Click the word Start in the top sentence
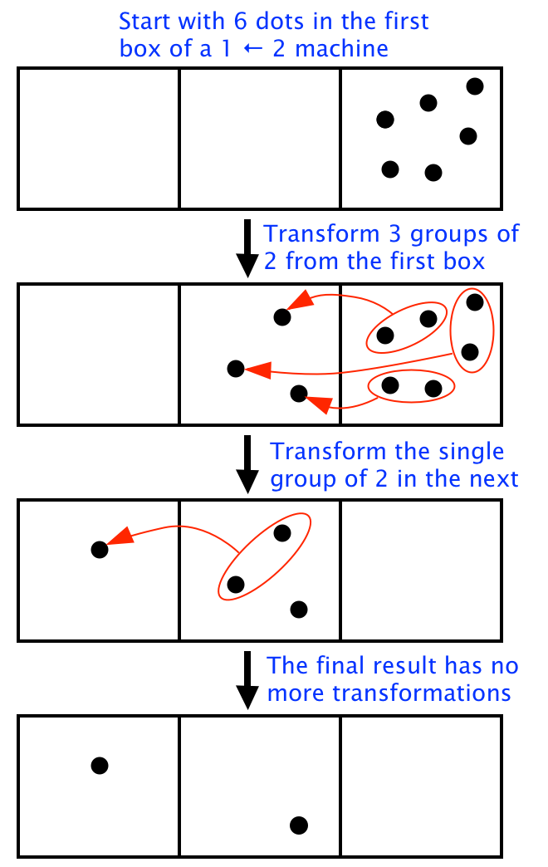coord(145,22)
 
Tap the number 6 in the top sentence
coord(241,22)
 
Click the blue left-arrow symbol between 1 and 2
coord(252,49)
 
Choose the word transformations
coord(422,693)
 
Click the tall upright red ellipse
coord(472,331)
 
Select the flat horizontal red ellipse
coord(412,386)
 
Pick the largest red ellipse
coord(264,556)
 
